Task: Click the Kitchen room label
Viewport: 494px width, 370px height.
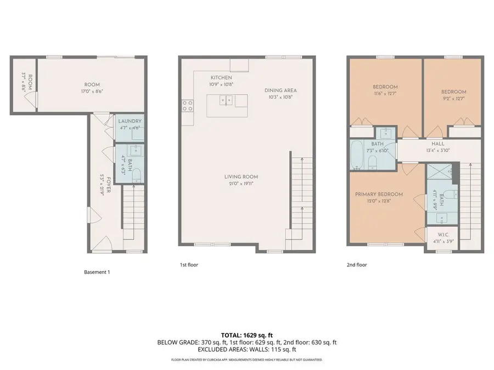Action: (x=221, y=78)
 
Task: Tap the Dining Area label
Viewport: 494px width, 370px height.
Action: (x=280, y=90)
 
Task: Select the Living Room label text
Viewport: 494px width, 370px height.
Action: (x=241, y=177)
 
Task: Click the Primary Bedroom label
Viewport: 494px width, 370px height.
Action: (x=379, y=194)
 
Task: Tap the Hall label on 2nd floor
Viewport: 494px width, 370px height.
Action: (x=437, y=144)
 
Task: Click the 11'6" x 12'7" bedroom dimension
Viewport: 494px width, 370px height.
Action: (x=385, y=94)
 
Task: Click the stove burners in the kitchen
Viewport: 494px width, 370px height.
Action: (x=187, y=105)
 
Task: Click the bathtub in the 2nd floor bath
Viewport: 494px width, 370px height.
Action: (x=357, y=155)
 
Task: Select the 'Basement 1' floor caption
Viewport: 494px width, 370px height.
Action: (x=97, y=272)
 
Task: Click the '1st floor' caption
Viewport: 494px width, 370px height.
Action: (x=189, y=265)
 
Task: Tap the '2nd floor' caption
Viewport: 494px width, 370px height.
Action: (x=357, y=265)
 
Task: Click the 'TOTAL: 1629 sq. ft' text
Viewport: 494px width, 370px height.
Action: (x=246, y=334)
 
